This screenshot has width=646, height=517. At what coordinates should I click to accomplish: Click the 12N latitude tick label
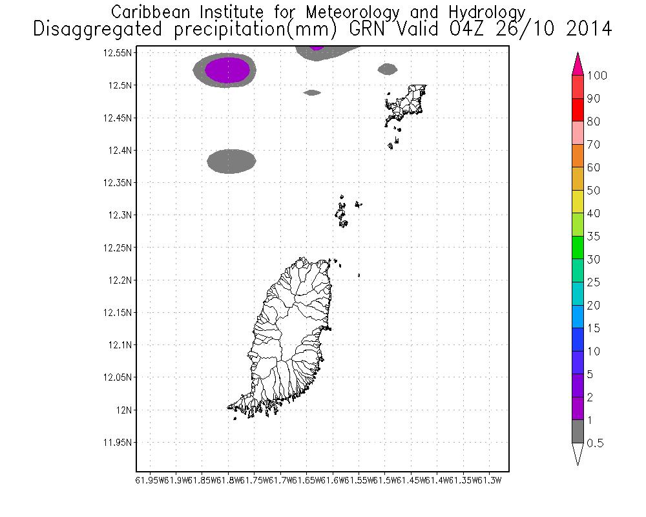pos(123,410)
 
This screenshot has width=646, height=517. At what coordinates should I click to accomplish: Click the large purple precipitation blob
pos(227,70)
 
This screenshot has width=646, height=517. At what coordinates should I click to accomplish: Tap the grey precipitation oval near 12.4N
pos(231,161)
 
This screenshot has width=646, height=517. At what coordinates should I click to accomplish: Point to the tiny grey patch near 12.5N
pos(312,92)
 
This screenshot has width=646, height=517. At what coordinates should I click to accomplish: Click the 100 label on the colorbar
pos(597,76)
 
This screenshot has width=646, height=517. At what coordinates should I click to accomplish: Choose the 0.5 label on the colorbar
pos(595,443)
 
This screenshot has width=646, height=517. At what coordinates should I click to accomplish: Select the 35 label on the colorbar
pos(593,237)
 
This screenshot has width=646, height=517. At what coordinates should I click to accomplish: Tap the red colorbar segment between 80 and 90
pos(578,110)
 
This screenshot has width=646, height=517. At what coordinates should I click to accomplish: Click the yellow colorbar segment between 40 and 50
pos(578,202)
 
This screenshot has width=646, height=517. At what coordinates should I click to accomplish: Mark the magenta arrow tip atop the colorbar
pos(578,61)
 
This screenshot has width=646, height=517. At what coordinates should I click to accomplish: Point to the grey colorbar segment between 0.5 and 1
pos(578,432)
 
